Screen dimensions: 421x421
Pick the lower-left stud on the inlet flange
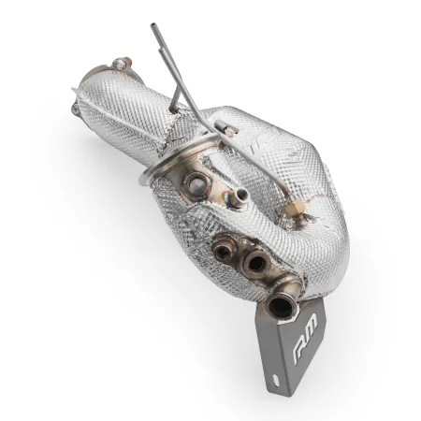point(75,108)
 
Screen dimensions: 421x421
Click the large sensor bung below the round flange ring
point(196,182)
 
